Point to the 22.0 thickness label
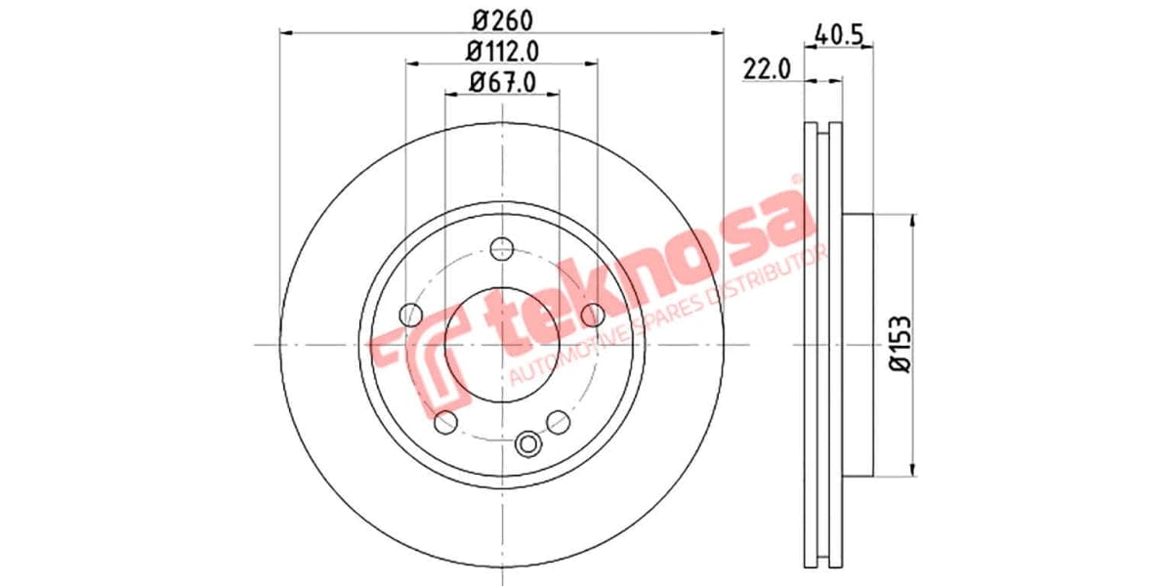pyautogui.click(x=767, y=69)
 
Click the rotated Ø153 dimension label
pyautogui.click(x=900, y=344)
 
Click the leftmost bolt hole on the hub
pyautogui.click(x=411, y=314)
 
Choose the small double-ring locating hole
pyautogui.click(x=529, y=444)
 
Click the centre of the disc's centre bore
pyautogui.click(x=502, y=344)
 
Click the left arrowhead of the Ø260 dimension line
pyautogui.click(x=286, y=33)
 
